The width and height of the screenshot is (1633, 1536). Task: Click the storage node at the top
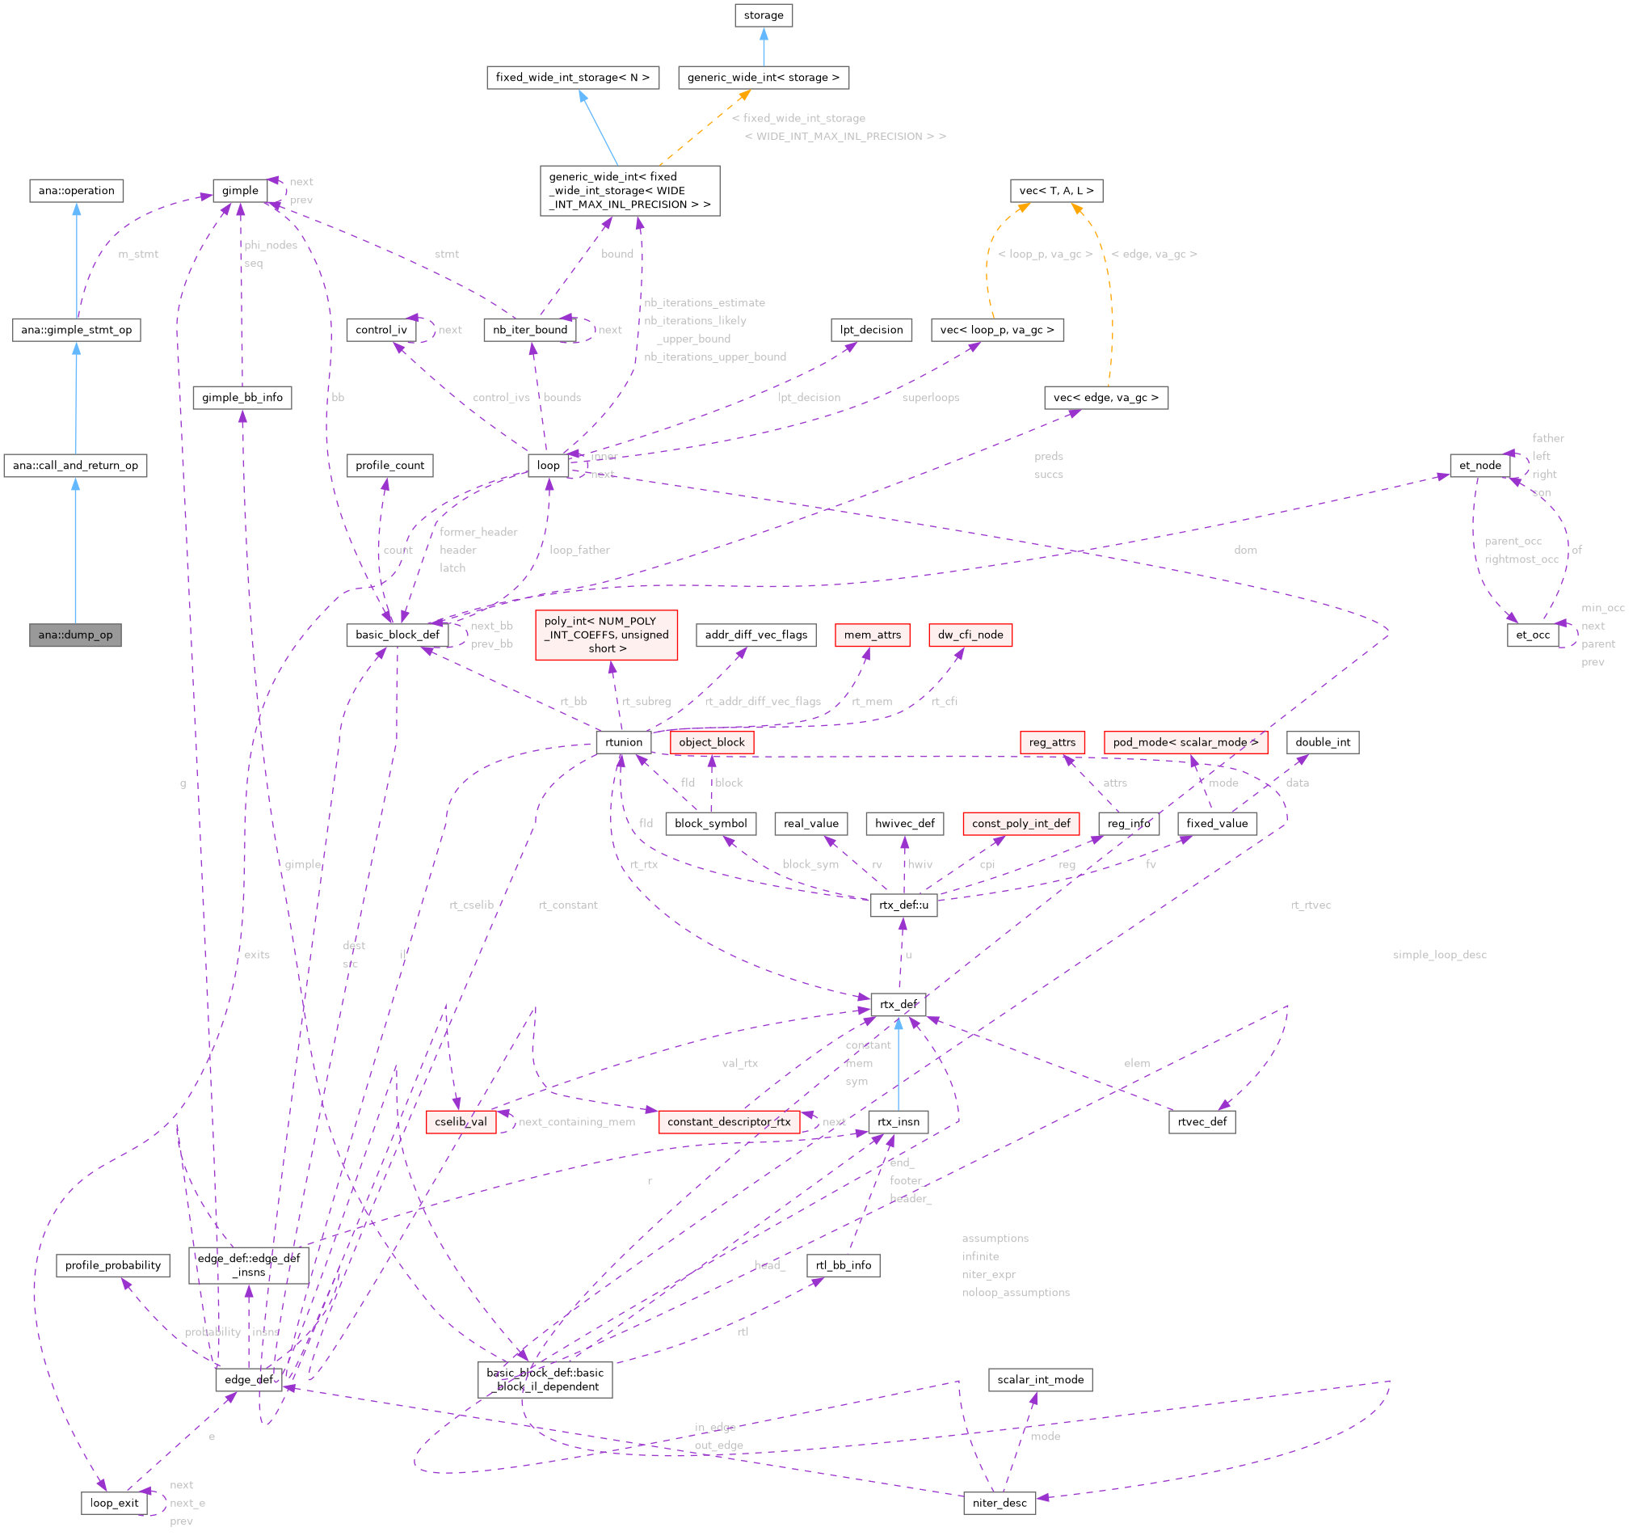[x=763, y=15]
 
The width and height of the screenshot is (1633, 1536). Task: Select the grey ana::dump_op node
[x=75, y=635]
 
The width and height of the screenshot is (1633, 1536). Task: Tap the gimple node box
[x=240, y=191]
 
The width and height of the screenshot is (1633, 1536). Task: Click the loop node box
[x=548, y=465]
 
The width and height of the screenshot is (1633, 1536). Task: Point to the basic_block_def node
[x=398, y=635]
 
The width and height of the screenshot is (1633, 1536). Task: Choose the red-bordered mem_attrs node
[x=872, y=635]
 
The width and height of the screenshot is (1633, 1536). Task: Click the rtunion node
[x=624, y=742]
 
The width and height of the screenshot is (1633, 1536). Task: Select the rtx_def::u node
[x=903, y=905]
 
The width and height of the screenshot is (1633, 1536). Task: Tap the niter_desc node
[x=999, y=1503]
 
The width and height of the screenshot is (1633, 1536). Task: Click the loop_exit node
[x=114, y=1503]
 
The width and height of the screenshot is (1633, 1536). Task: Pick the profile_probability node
[x=112, y=1266]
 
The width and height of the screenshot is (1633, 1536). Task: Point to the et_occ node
[x=1532, y=635]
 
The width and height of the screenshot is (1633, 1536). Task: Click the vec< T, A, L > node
[x=1055, y=191]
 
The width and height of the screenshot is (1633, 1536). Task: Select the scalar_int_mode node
[x=1040, y=1380]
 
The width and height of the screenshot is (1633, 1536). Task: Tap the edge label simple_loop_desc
[x=1439, y=955]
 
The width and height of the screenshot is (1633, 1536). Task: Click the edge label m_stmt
[x=138, y=254]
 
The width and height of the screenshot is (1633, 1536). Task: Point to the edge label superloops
[x=930, y=398]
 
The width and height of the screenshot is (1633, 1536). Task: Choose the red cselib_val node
[x=461, y=1122]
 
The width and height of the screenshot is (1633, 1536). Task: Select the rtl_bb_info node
[x=844, y=1266]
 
